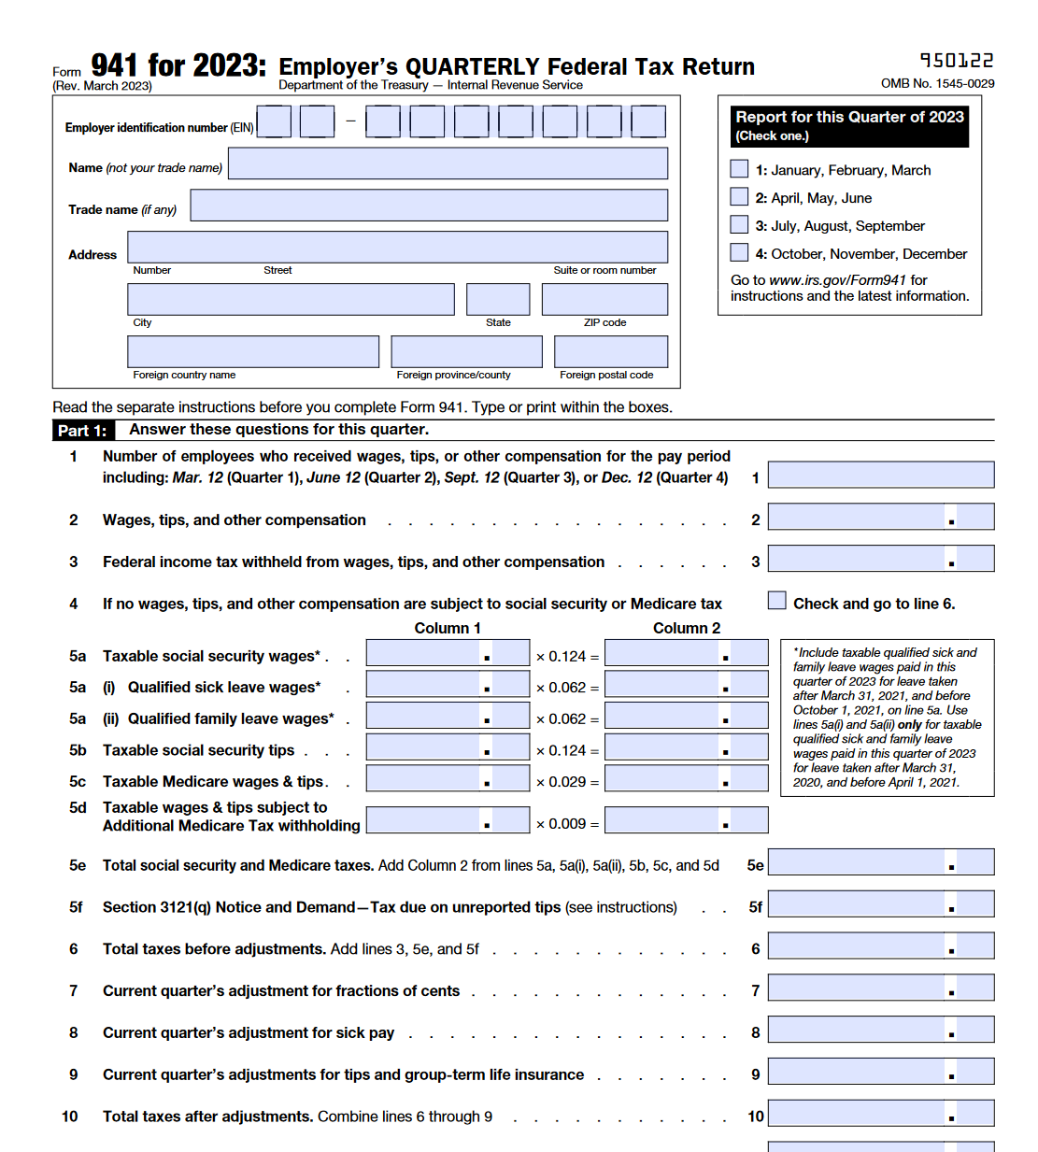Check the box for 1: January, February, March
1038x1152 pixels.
739,169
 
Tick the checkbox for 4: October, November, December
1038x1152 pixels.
739,253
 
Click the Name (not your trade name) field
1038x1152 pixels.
448,164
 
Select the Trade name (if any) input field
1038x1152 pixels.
429,206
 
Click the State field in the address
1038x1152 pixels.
498,299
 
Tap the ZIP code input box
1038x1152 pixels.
604,299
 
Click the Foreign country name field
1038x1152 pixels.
253,351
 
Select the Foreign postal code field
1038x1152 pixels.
610,351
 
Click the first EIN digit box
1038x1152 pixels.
274,121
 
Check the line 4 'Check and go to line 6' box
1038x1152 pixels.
777,601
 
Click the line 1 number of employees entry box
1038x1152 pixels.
880,475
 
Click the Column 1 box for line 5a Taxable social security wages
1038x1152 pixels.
448,653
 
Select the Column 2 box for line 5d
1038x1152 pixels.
686,820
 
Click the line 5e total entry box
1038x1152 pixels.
880,862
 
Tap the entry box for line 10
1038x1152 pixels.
880,1114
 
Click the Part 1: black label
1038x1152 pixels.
82,431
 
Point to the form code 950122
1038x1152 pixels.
957,61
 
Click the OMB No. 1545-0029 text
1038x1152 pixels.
937,83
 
